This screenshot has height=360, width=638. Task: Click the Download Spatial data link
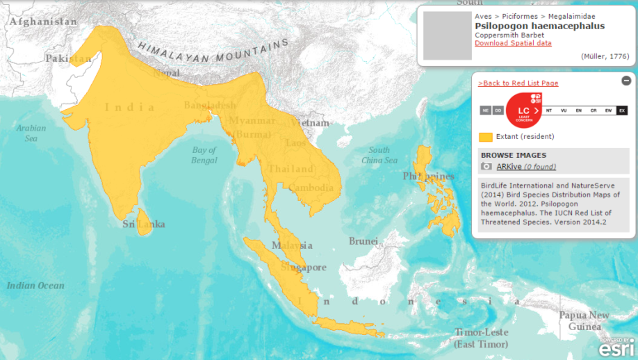click(513, 43)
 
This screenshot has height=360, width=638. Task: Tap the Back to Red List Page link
click(518, 83)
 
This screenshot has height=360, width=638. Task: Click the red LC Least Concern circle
click(523, 110)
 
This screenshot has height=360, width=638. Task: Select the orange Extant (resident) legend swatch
click(486, 137)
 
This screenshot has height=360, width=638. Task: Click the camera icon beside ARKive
click(486, 167)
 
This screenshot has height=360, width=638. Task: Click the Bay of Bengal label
click(204, 155)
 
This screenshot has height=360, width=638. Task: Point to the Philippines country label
click(428, 177)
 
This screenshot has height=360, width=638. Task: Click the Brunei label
click(363, 241)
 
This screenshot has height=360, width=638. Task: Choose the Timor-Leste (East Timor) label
click(481, 338)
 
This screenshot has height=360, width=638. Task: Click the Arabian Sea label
click(31, 133)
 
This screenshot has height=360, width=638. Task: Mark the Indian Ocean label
click(35, 286)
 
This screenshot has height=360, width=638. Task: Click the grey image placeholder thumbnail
click(447, 35)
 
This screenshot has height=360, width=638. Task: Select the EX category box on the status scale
click(622, 111)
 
